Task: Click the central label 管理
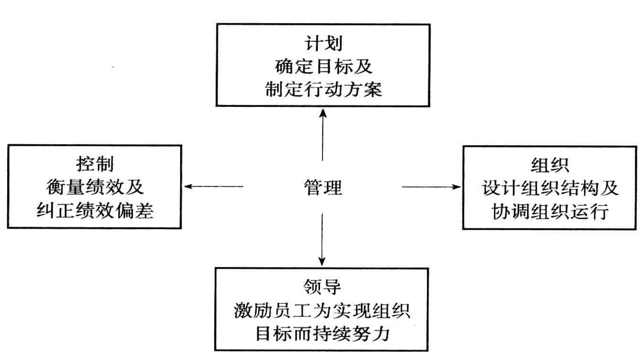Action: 322,187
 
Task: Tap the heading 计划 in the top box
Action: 323,44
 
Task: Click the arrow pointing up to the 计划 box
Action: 322,135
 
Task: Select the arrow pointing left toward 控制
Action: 214,186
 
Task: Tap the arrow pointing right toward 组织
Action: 431,186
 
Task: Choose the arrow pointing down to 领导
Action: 322,239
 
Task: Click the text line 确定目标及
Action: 323,67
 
